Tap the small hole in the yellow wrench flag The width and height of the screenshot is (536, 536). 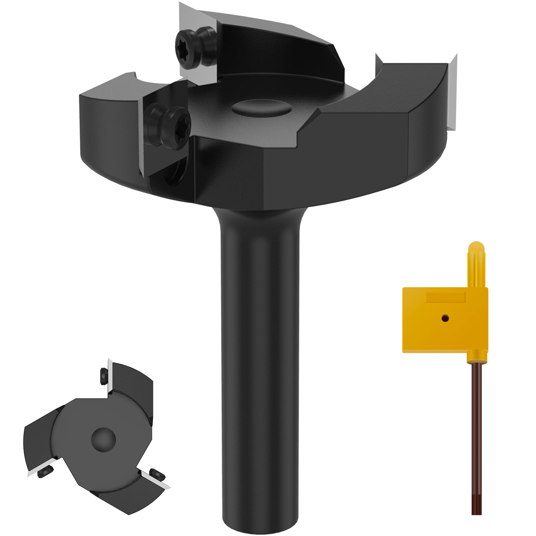click(445, 318)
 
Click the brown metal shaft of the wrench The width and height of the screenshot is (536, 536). click(476, 435)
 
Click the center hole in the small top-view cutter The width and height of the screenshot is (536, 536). click(103, 439)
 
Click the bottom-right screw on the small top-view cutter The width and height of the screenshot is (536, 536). click(157, 474)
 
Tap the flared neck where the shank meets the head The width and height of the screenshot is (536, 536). click(260, 218)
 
